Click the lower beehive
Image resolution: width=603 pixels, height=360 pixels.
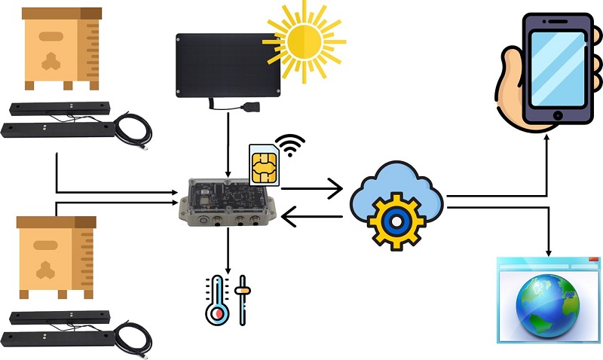coord(56,255)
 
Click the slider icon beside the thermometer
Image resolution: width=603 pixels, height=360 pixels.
coord(243,300)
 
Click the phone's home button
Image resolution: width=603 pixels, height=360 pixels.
coord(558,115)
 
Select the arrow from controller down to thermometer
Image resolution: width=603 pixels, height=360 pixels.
coord(228,252)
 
